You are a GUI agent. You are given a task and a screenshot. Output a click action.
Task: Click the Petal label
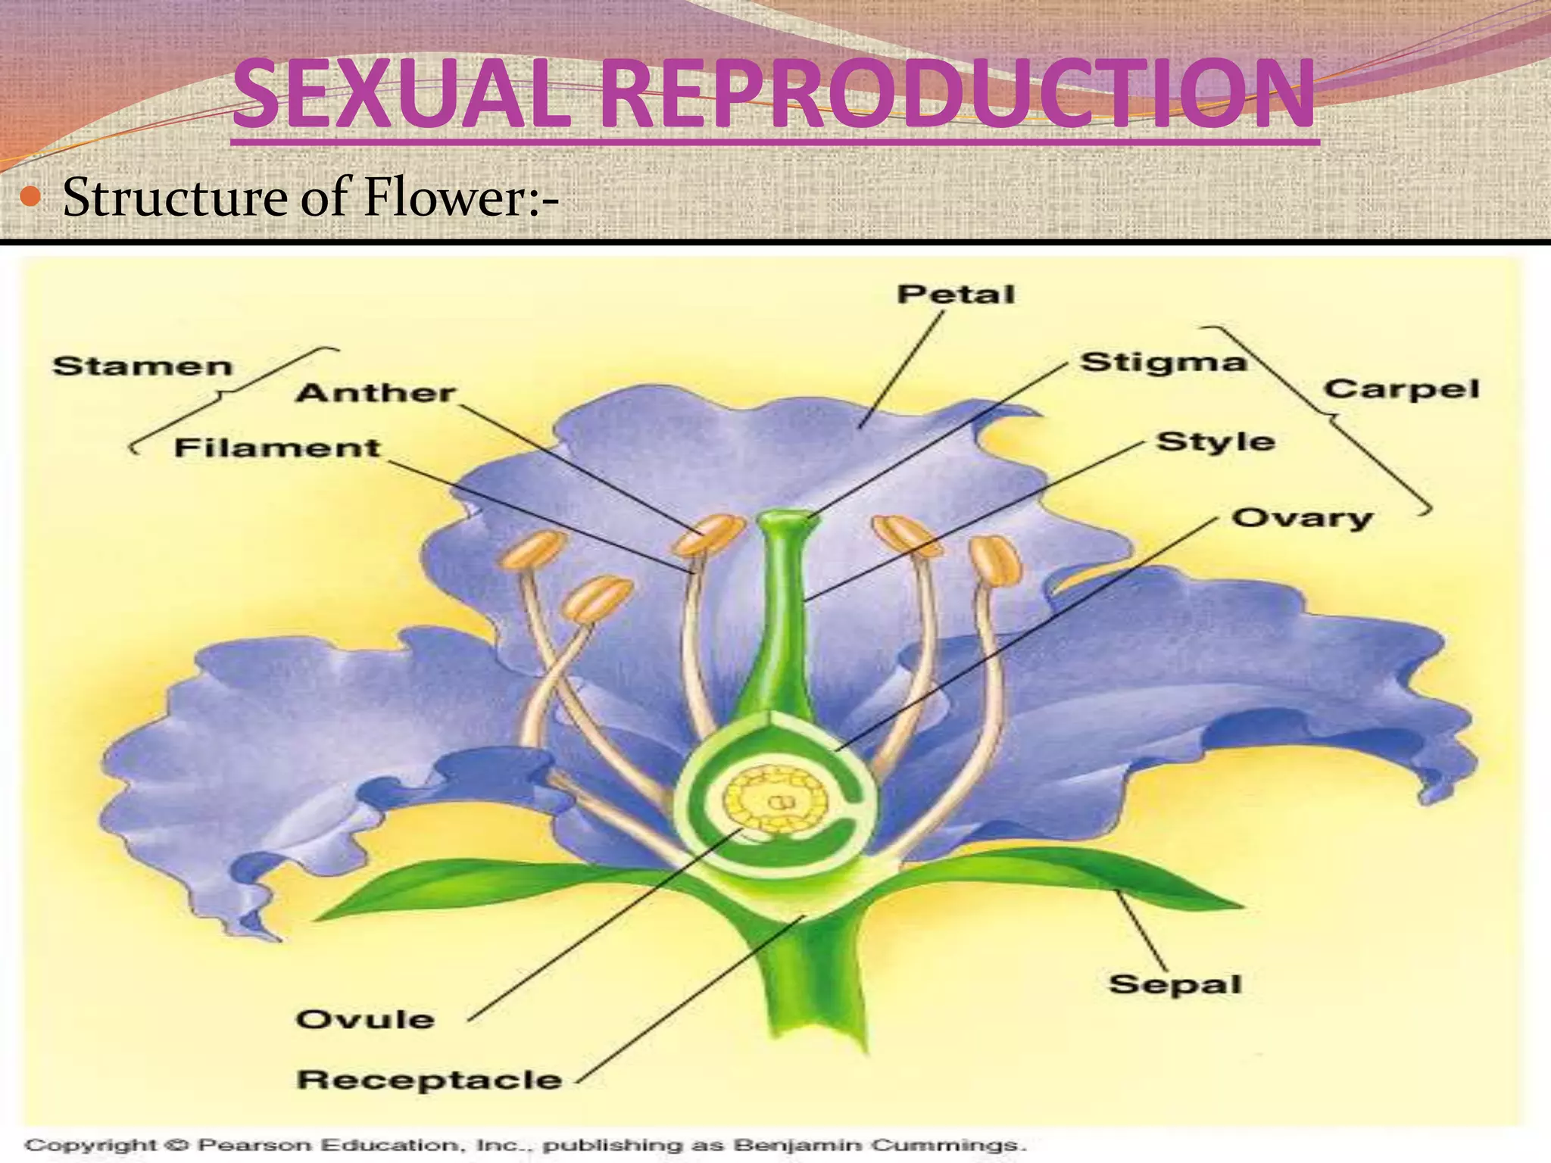[956, 295]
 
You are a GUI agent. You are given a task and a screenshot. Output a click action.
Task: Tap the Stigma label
[1162, 363]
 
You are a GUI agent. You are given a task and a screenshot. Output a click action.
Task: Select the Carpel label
[1401, 389]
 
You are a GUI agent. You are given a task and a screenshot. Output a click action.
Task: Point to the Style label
[1216, 441]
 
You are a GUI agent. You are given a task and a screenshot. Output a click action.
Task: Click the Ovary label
[1301, 519]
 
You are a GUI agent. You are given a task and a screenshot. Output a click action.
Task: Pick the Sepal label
[1175, 984]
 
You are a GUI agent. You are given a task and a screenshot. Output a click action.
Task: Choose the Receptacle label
[429, 1080]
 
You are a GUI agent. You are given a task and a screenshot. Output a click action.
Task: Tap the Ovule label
[365, 1019]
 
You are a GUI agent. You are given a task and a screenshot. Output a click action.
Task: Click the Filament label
[277, 447]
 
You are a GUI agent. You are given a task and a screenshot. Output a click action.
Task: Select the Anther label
[376, 393]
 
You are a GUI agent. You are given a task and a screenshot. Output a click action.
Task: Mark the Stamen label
[142, 366]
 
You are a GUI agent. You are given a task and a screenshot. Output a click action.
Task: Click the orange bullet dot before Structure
[33, 198]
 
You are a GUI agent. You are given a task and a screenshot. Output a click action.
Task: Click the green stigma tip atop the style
[785, 521]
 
